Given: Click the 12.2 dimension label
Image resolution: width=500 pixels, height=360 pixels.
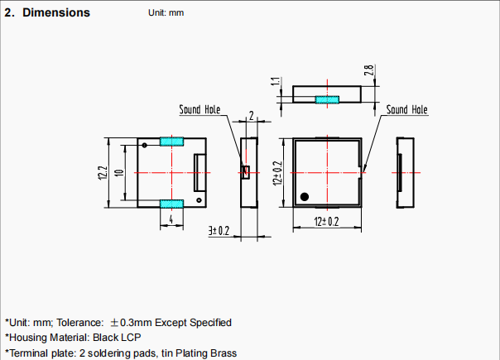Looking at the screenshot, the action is (103, 172).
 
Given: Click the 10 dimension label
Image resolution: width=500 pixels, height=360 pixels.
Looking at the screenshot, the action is (119, 173).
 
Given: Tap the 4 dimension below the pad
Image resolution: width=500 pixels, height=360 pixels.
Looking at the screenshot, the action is (171, 219).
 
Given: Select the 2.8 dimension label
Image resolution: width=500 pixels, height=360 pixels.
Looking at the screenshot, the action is (368, 70).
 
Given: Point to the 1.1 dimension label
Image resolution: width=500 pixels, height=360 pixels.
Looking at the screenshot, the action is (276, 81).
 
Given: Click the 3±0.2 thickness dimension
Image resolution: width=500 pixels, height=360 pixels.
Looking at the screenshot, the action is (219, 231).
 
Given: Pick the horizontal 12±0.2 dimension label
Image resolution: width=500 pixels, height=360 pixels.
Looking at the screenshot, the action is (326, 222).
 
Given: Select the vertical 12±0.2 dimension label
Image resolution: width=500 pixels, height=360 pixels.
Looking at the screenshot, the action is (278, 173).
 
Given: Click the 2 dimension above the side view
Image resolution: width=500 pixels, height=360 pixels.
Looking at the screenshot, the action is (252, 115).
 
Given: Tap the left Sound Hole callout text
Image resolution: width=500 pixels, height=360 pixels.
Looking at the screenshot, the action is (200, 109).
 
